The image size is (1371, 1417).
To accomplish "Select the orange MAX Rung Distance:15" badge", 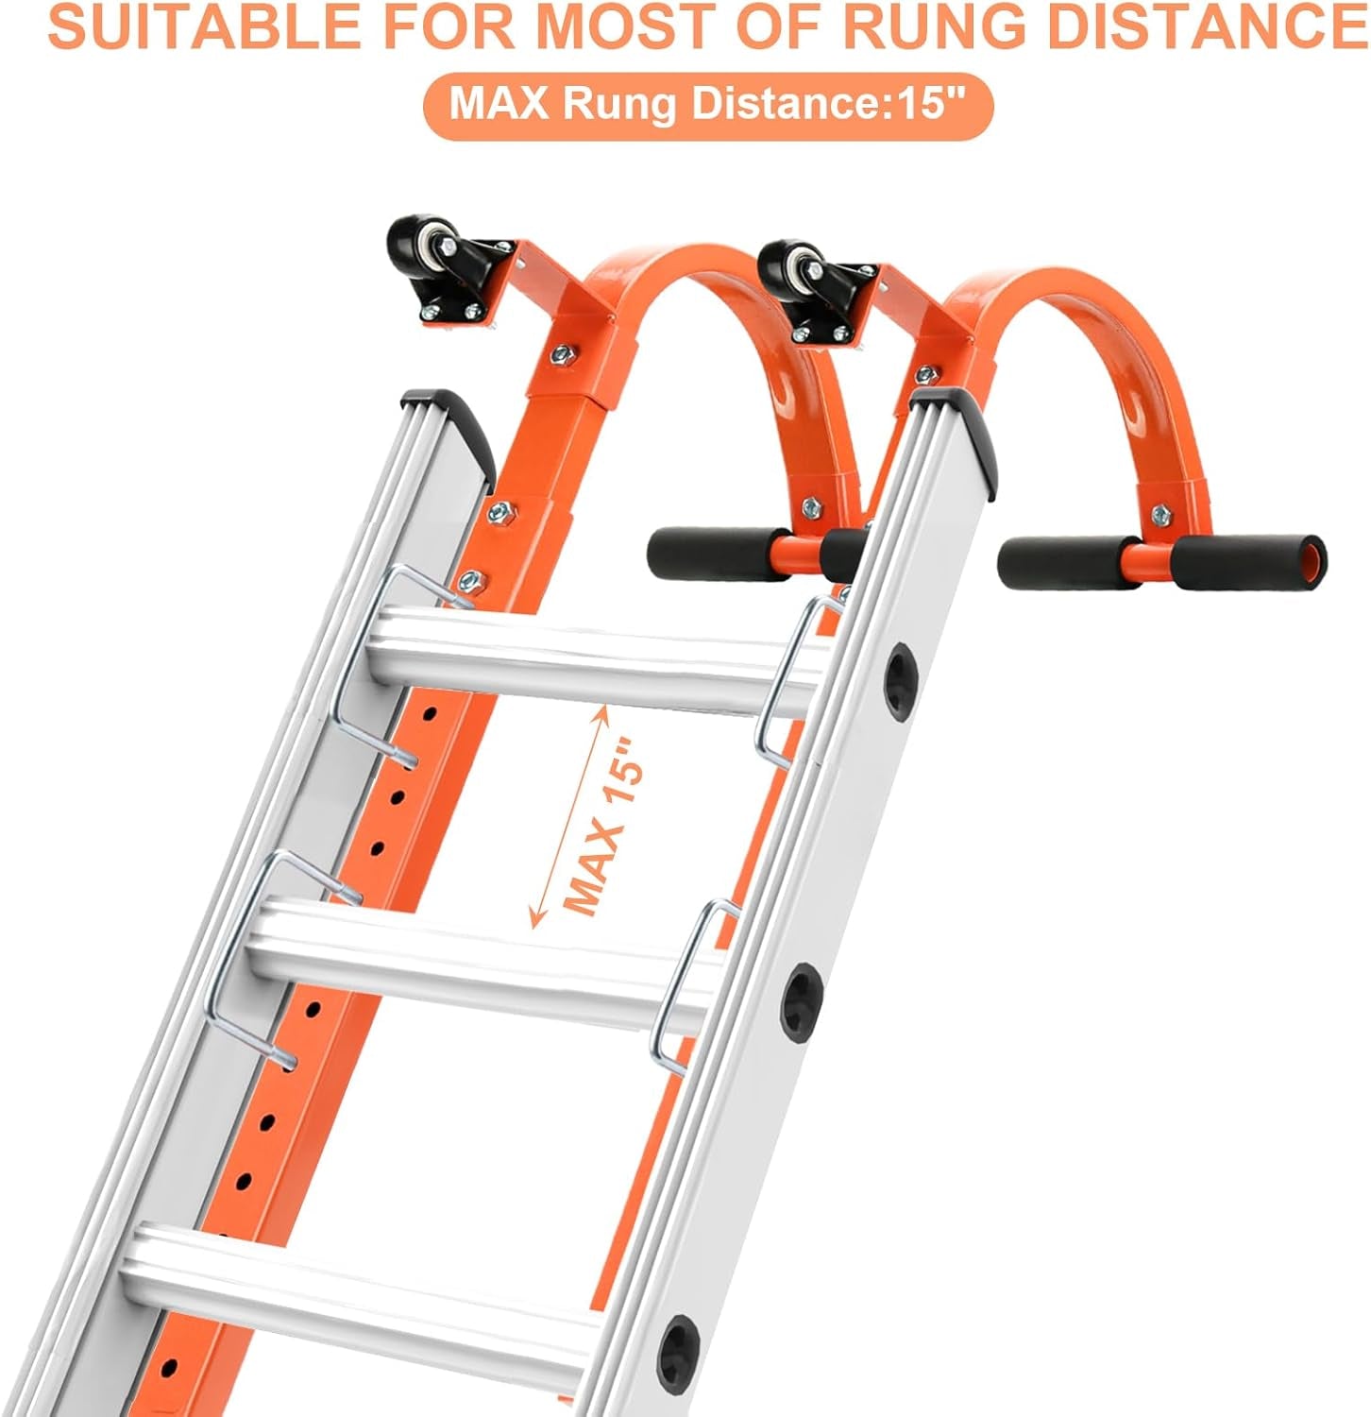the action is [708, 103].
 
